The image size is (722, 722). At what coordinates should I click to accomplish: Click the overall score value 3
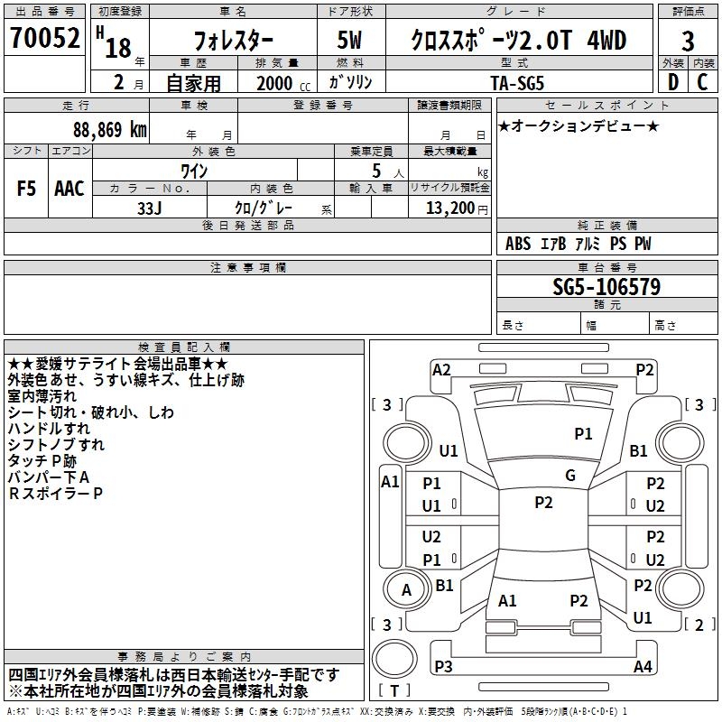[x=688, y=41]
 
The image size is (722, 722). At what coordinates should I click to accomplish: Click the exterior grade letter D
[x=672, y=82]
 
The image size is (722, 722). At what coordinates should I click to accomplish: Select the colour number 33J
[x=149, y=207]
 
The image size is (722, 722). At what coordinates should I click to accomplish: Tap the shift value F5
[x=27, y=189]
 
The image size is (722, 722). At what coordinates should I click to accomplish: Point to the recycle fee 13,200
[x=449, y=208]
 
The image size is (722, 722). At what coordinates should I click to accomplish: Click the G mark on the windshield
[x=570, y=476]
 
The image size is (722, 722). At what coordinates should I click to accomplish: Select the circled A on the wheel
[x=406, y=590]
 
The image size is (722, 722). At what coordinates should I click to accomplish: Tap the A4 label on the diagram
[x=642, y=667]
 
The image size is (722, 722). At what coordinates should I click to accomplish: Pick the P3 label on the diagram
[x=443, y=667]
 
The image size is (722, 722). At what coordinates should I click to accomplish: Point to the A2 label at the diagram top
[x=441, y=369]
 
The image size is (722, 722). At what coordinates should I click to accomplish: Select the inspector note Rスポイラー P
[x=56, y=494]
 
